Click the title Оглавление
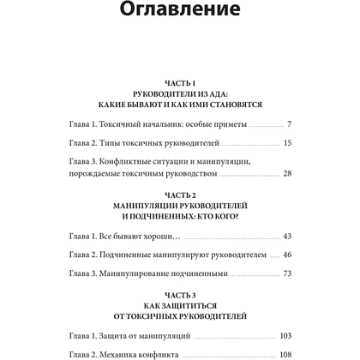click(x=180, y=15)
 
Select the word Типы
click(x=113, y=142)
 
